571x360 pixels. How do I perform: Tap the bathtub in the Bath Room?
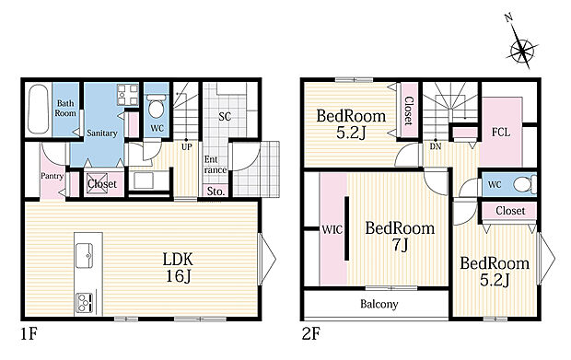click(38, 109)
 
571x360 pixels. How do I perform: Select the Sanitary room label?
click(101, 134)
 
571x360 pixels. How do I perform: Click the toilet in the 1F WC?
click(157, 106)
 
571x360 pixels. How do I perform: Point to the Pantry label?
click(52, 176)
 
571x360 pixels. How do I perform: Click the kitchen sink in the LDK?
click(84, 256)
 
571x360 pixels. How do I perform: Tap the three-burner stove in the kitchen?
click(84, 303)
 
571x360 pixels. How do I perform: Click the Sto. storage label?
click(216, 192)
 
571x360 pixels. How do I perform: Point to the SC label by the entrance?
click(225, 117)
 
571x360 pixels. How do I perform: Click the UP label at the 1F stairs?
click(186, 147)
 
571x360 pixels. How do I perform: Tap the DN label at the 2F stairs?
click(436, 146)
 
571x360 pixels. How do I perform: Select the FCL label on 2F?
click(501, 133)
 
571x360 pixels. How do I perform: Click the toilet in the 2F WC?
click(524, 184)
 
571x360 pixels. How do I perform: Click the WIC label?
click(332, 229)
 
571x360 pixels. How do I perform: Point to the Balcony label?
click(379, 304)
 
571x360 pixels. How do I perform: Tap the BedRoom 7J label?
click(400, 236)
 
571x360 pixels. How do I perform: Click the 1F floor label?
click(29, 334)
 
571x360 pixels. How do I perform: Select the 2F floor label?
click(310, 334)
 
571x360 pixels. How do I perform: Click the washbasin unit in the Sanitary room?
click(127, 95)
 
